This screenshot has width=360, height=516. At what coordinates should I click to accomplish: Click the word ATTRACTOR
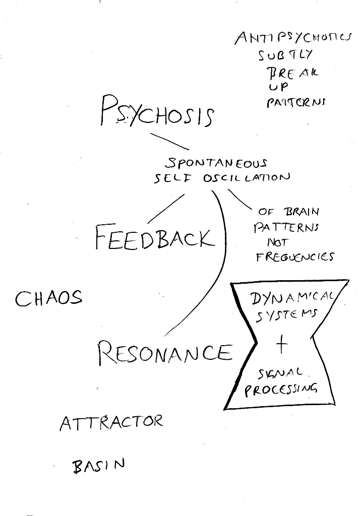tap(111, 422)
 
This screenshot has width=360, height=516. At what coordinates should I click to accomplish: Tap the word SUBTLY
tap(285, 54)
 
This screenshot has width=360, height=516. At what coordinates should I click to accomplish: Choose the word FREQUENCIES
tap(294, 256)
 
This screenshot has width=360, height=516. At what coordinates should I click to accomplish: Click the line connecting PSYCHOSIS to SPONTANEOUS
tap(169, 142)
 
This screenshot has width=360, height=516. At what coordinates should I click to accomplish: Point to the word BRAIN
tap(301, 211)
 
